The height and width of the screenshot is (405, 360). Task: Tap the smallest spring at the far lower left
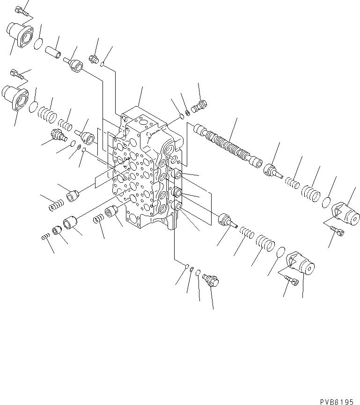tap(44, 237)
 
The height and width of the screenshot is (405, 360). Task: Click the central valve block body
tap(140, 168)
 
